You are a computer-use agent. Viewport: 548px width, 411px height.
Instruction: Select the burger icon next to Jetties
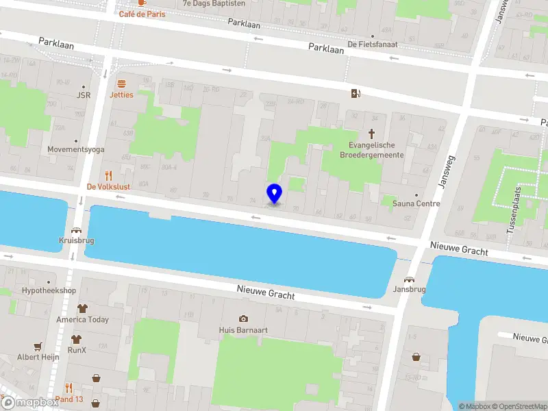pos(121,84)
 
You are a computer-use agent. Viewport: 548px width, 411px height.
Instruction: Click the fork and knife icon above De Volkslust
pos(108,175)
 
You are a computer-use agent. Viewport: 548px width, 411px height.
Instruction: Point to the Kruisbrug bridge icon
pos(76,231)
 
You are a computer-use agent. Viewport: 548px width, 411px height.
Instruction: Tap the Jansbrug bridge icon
pos(410,279)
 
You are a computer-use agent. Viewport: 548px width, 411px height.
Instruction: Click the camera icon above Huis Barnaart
pos(243,319)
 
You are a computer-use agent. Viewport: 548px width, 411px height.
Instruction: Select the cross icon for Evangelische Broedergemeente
pos(373,134)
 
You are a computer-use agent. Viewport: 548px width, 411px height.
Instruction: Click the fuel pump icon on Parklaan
pos(354,93)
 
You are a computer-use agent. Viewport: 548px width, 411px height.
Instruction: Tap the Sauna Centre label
pos(416,203)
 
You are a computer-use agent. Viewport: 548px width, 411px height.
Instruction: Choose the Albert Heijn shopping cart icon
pos(38,346)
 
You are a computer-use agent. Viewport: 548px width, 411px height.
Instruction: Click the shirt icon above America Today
pos(82,309)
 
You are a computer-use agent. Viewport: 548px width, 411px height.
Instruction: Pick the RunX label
pos(77,350)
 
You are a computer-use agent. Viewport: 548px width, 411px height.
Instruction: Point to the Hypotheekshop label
pos(49,291)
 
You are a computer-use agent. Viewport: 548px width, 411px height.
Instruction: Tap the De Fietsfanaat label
pos(373,45)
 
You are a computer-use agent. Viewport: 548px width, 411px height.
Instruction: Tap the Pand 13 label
pos(69,399)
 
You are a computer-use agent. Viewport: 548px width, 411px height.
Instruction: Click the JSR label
pos(84,95)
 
